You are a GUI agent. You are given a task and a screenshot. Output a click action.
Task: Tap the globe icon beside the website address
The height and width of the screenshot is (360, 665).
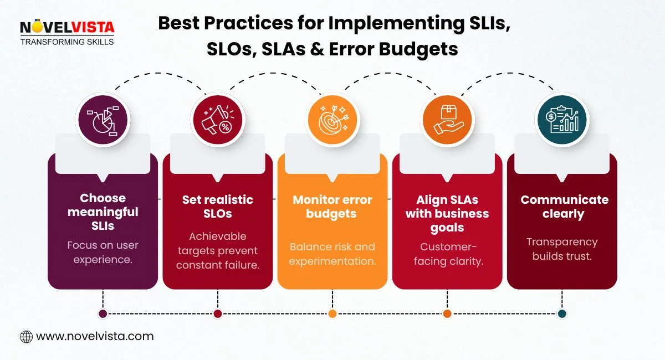click(26, 336)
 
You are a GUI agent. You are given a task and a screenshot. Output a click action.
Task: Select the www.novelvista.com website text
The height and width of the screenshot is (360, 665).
click(95, 336)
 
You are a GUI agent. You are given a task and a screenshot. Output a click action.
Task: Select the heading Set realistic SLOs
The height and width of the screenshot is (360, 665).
click(218, 206)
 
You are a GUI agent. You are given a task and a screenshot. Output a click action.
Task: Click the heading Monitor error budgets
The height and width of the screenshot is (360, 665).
click(332, 206)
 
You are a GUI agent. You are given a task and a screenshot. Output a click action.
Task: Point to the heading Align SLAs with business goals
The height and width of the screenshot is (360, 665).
click(447, 213)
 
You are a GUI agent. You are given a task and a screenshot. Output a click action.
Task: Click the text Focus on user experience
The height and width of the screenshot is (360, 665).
click(103, 252)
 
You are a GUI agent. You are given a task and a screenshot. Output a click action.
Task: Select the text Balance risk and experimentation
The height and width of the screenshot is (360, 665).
click(332, 253)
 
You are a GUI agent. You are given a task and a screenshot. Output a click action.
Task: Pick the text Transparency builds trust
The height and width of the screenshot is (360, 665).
click(562, 249)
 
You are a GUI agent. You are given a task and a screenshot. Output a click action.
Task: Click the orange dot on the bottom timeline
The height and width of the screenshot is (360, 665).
click(332, 313)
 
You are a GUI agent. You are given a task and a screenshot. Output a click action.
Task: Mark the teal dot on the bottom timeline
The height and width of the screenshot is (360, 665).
click(562, 313)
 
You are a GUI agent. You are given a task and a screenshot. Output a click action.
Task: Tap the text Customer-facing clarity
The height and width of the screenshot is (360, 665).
click(448, 254)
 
